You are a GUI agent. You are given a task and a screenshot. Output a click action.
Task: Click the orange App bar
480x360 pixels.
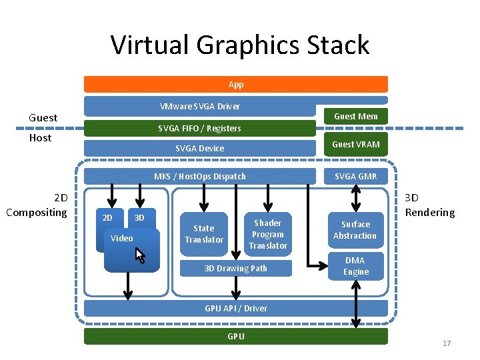pyautogui.click(x=235, y=84)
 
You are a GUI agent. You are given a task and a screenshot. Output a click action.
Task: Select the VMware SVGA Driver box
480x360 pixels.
pyautogui.click(x=199, y=107)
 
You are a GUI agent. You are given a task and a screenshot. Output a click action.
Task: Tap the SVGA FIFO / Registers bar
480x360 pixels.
pyautogui.click(x=199, y=128)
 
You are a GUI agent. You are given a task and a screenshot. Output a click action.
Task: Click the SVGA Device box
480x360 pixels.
pyautogui.click(x=199, y=148)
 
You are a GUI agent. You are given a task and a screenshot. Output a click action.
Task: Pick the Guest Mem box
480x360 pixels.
pyautogui.click(x=355, y=116)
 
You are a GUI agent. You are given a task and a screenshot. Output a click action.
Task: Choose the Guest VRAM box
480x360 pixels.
pyautogui.click(x=355, y=144)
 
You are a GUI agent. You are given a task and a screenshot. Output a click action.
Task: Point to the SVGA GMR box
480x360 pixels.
pyautogui.click(x=355, y=176)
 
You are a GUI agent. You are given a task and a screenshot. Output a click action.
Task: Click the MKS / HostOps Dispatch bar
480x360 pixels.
pyautogui.click(x=199, y=176)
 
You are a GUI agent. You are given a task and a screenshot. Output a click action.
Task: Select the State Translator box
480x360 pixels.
pyautogui.click(x=204, y=234)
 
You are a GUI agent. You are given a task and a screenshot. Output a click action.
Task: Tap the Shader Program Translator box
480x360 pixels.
pyautogui.click(x=268, y=234)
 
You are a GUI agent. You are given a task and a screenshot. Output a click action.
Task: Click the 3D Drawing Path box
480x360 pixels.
pyautogui.click(x=235, y=268)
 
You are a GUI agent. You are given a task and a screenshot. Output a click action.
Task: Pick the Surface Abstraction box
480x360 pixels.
pyautogui.click(x=355, y=230)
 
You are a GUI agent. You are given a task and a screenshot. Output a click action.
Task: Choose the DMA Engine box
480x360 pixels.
pyautogui.click(x=355, y=266)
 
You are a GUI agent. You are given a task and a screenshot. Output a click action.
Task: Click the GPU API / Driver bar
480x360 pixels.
pyautogui.click(x=235, y=308)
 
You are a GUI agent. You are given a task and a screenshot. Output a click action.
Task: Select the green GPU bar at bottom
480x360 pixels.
pyautogui.click(x=235, y=336)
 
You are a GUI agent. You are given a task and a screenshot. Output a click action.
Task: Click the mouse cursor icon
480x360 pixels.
pyautogui.click(x=140, y=255)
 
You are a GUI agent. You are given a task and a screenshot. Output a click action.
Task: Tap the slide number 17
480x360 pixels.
pyautogui.click(x=447, y=343)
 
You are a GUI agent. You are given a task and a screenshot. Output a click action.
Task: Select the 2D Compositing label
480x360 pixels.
pyautogui.click(x=37, y=205)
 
